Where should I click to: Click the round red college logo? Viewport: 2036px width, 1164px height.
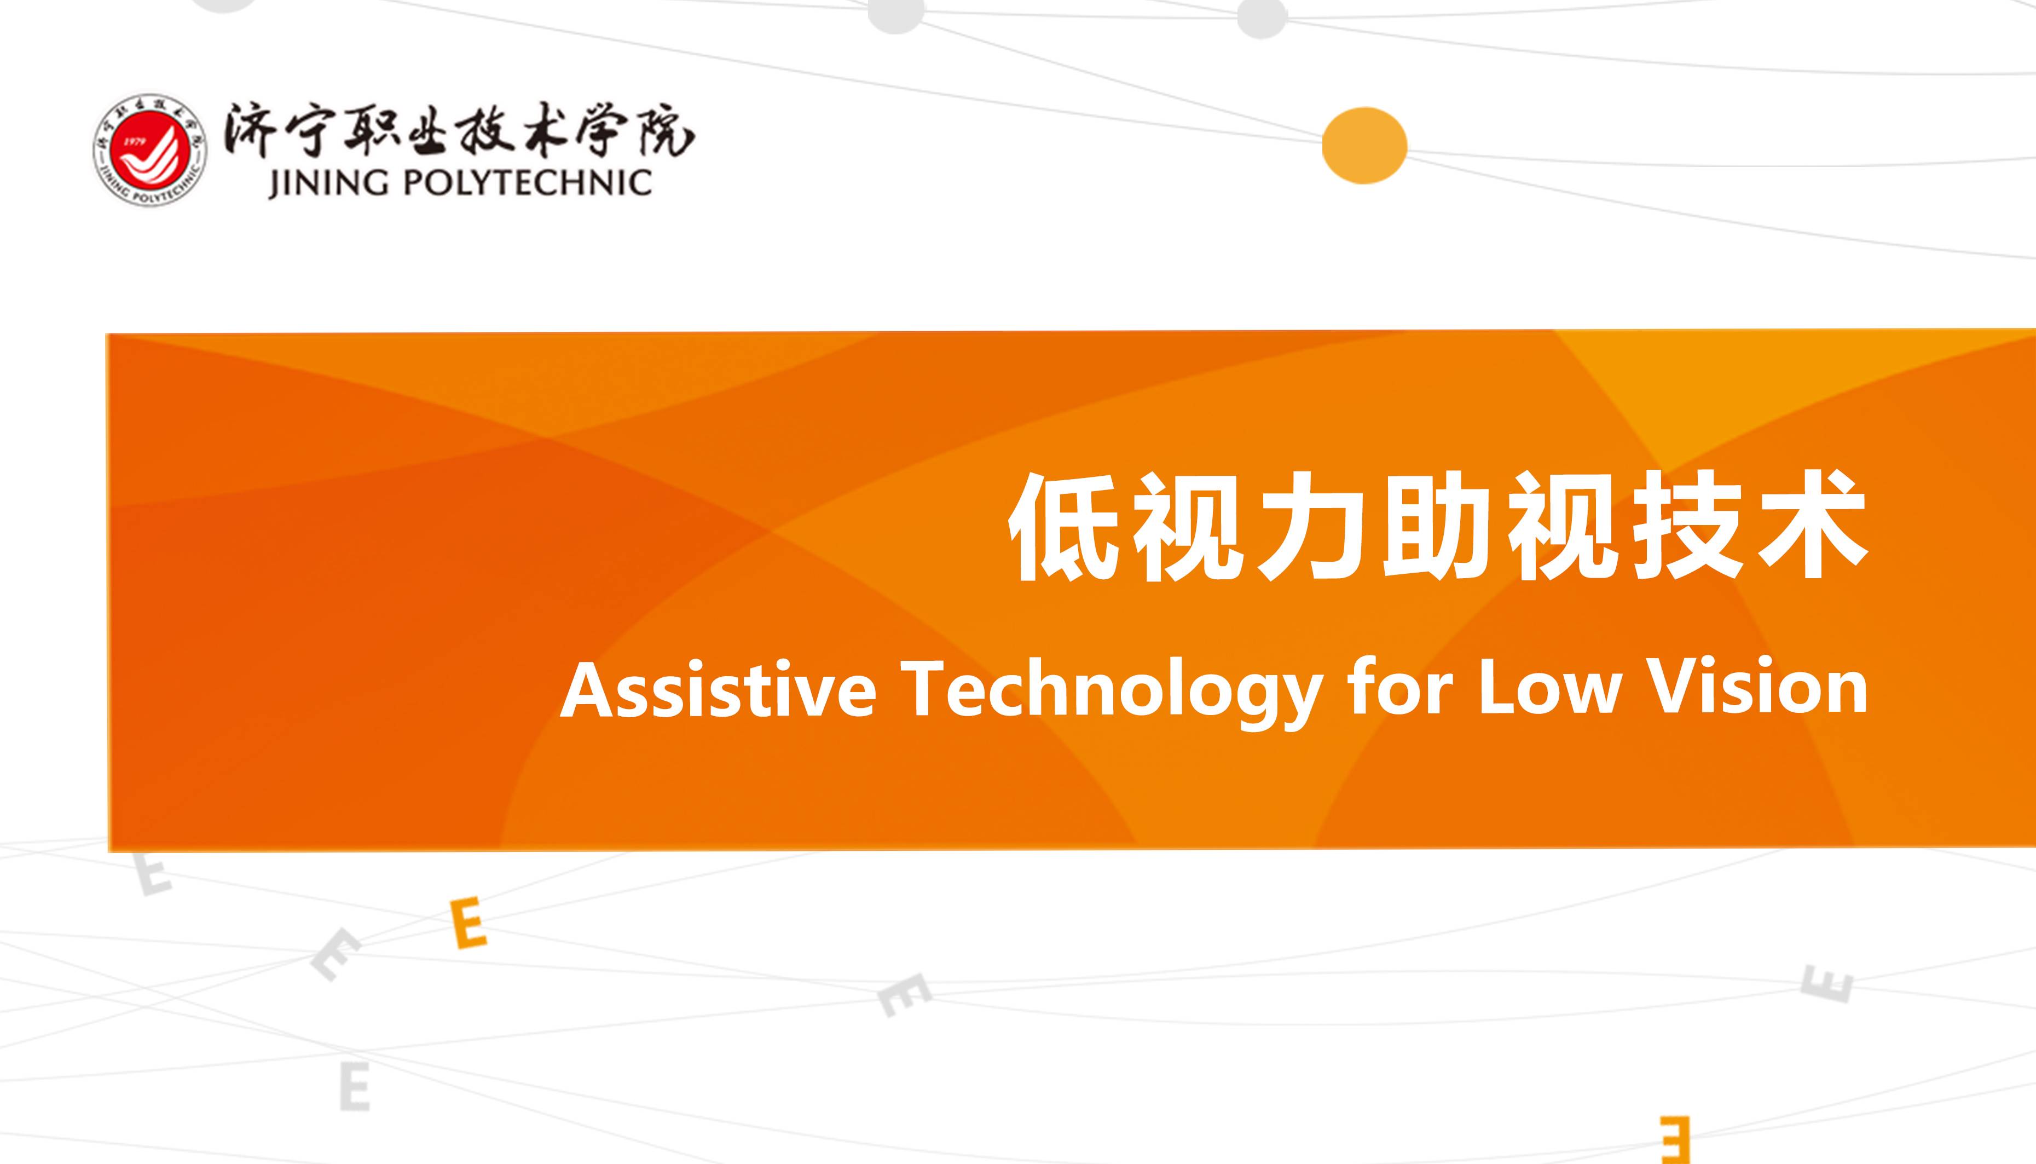tap(149, 149)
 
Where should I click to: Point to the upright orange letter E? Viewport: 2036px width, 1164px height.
tap(469, 923)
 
